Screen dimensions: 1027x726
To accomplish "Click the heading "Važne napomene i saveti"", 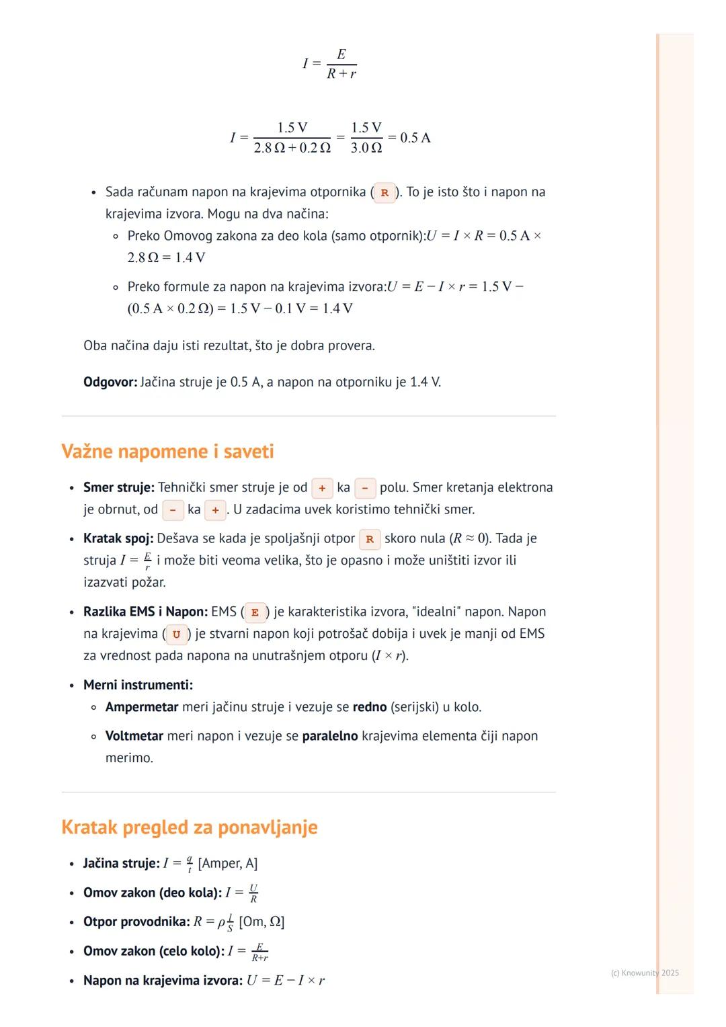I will tap(167, 451).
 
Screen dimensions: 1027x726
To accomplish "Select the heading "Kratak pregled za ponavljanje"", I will tap(189, 827).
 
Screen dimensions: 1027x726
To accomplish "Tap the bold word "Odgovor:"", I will tap(110, 382).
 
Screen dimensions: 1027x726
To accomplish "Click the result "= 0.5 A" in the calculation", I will tap(409, 138).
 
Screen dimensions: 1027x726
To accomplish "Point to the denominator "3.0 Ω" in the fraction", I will tap(366, 148).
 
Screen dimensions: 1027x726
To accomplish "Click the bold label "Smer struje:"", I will tap(119, 487).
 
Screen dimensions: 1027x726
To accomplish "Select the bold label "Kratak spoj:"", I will tap(118, 538).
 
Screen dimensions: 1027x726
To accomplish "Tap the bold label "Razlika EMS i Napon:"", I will tap(145, 612).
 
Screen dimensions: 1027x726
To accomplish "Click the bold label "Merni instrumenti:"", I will tap(138, 685).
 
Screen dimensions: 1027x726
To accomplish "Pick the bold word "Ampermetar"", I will tap(142, 707).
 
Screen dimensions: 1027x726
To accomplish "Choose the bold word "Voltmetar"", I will tap(134, 736).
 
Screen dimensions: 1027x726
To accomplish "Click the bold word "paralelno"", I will tap(330, 736).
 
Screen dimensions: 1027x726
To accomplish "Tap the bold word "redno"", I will tap(370, 707).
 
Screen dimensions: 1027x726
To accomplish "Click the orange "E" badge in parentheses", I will tap(255, 612).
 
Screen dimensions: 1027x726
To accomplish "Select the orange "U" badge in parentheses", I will tap(176, 634).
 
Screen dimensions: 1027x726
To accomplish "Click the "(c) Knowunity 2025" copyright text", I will tap(645, 973).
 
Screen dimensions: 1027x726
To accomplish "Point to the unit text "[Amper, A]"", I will tap(228, 863).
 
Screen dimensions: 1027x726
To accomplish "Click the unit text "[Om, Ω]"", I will tap(261, 921).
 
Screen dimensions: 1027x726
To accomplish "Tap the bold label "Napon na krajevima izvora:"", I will tap(163, 980).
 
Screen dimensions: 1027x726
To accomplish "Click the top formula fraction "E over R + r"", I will tap(341, 64).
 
